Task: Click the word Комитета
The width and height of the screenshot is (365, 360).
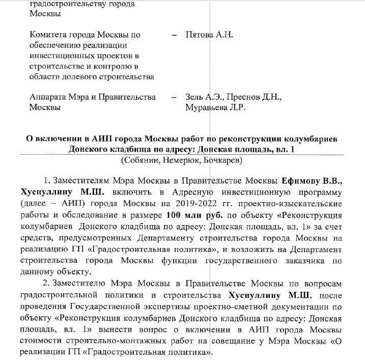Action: (51, 35)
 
